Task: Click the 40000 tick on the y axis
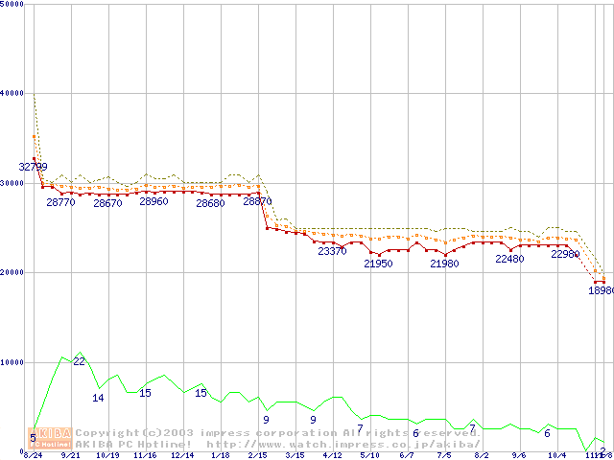12,93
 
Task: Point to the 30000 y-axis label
12,183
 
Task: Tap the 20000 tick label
12,272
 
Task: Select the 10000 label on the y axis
12,362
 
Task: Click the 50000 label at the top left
12,5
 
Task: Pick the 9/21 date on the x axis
70,455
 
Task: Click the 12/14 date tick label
182,455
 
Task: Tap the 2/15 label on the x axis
257,455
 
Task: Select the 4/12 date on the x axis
332,455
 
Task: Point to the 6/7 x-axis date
407,455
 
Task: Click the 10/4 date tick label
556,455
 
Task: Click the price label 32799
34,167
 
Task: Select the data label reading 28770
60,202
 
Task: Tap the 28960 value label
153,202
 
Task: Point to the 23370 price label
332,251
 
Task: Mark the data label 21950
378,264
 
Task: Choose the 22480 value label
509,259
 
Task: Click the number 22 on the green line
80,361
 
